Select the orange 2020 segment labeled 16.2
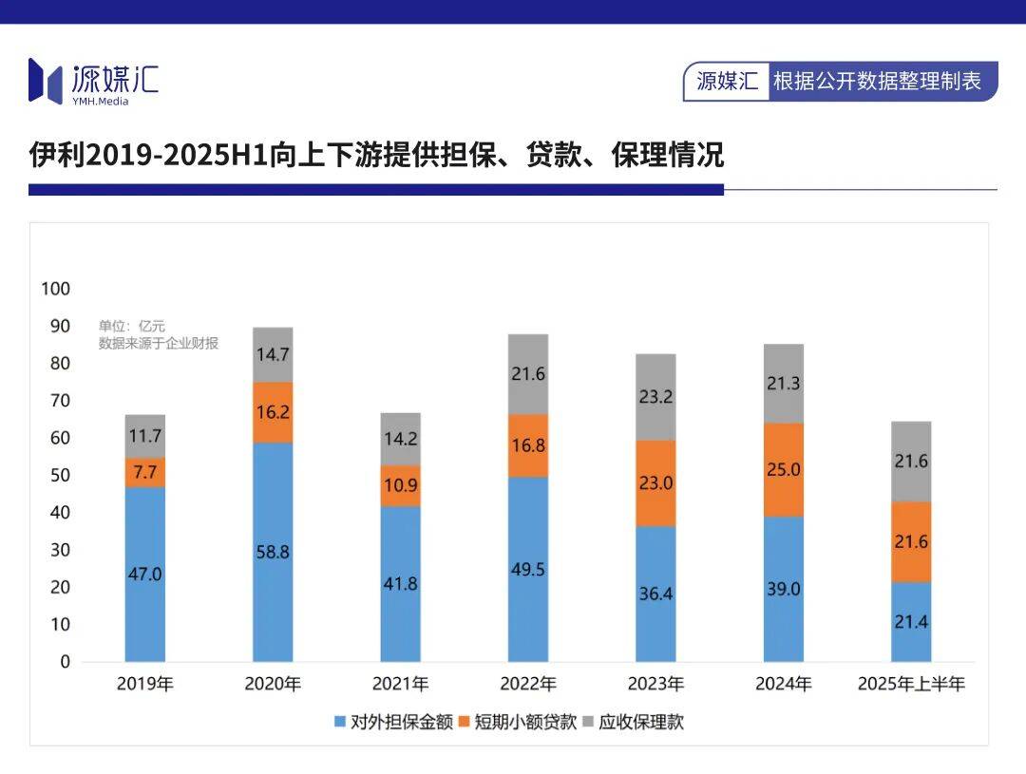click(273, 413)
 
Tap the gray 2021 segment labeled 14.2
click(400, 439)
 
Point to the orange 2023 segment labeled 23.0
click(655, 482)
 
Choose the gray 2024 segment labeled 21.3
click(783, 384)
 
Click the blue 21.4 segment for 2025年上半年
click(911, 622)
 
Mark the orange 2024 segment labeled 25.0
click(783, 469)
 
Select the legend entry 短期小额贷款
click(518, 722)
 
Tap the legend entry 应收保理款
click(632, 722)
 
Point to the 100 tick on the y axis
click(56, 289)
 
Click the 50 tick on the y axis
click(60, 475)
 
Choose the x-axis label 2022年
click(528, 684)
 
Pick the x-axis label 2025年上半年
click(911, 684)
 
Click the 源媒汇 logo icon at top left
click(46, 80)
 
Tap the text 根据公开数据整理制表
click(877, 82)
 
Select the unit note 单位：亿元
click(132, 326)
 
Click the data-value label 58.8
click(273, 552)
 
